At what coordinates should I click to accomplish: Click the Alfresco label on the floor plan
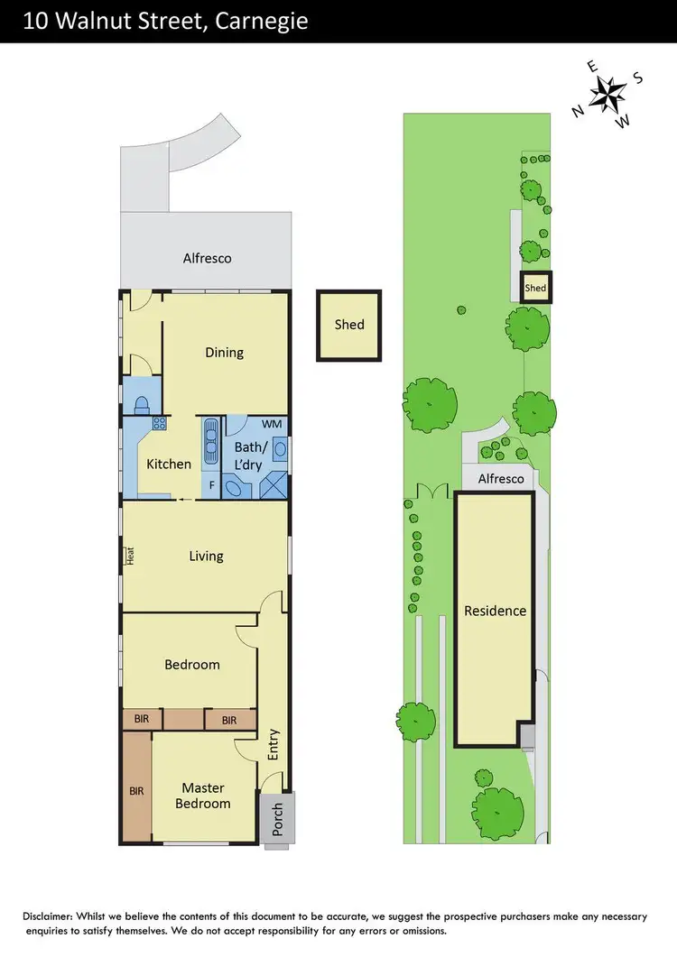pyautogui.click(x=207, y=258)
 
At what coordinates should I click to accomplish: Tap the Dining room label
pyautogui.click(x=224, y=352)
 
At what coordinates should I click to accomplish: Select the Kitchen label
pyautogui.click(x=169, y=464)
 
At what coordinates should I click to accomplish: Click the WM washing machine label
pyautogui.click(x=271, y=423)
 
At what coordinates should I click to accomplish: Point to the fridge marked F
pyautogui.click(x=212, y=485)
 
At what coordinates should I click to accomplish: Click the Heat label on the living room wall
pyautogui.click(x=130, y=556)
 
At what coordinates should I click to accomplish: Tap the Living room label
pyautogui.click(x=206, y=556)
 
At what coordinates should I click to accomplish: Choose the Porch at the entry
pyautogui.click(x=277, y=819)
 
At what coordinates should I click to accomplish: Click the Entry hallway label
pyautogui.click(x=274, y=745)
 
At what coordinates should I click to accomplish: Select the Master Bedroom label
pyautogui.click(x=202, y=796)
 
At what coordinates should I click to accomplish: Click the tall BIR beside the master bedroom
pyautogui.click(x=136, y=791)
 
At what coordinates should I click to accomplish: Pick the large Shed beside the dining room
pyautogui.click(x=348, y=324)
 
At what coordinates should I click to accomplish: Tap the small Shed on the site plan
pyautogui.click(x=535, y=288)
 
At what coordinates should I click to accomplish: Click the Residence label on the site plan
pyautogui.click(x=495, y=611)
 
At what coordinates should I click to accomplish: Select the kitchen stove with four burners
pyautogui.click(x=159, y=422)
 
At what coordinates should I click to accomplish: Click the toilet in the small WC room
pyautogui.click(x=141, y=404)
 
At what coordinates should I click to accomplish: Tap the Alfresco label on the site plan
pyautogui.click(x=501, y=479)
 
